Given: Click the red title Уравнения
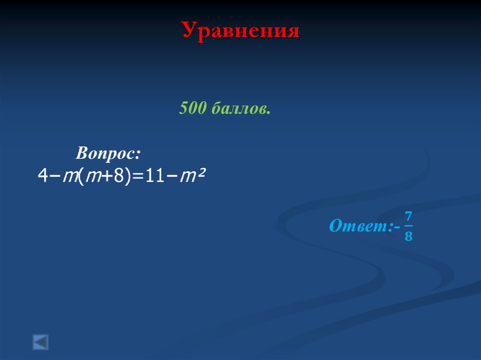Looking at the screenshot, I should click(240, 31).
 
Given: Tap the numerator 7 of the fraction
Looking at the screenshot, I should click(408, 217).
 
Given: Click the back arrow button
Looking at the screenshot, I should click(40, 342).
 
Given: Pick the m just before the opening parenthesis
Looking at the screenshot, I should click(70, 177).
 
